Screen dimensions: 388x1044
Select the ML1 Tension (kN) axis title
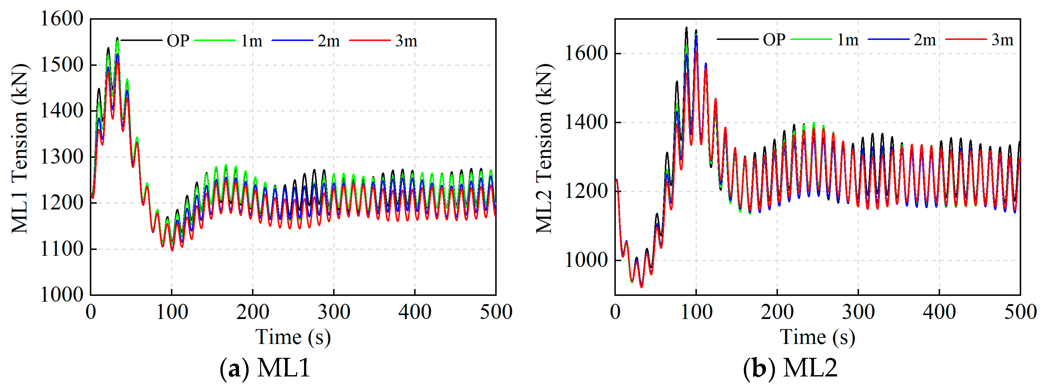tap(20, 149)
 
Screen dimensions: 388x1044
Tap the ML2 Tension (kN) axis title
tap(544, 149)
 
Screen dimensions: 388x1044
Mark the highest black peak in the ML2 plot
tap(686, 28)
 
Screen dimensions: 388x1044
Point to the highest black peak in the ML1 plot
tap(117, 38)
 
